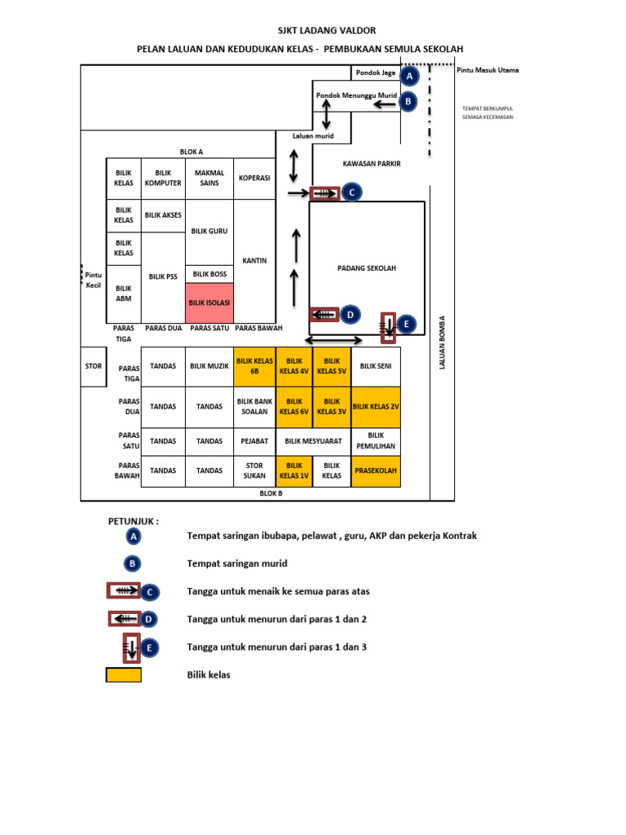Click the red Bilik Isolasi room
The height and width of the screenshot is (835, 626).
coord(209,303)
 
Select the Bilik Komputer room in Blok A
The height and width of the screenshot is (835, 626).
coord(163,179)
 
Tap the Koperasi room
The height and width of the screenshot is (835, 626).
coord(254,179)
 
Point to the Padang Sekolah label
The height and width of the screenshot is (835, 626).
coord(367,268)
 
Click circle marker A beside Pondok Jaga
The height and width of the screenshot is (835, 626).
coord(409,76)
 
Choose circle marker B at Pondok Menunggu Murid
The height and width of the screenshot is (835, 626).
coord(408,101)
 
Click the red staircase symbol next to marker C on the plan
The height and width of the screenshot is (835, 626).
coord(324,193)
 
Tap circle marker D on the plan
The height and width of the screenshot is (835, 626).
coord(350,315)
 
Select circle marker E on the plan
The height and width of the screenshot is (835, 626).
coord(407,324)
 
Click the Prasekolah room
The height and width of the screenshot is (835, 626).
coord(376,471)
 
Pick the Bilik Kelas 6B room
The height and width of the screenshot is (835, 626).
coord(254,366)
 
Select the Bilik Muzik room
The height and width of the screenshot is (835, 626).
coord(209,366)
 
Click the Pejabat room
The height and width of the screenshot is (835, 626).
coord(254,441)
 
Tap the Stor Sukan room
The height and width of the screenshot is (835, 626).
coord(254,471)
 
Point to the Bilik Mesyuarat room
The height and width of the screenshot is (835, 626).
coord(313,441)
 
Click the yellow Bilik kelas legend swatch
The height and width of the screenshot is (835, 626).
coord(124,674)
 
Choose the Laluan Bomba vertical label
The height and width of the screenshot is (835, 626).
coord(442,342)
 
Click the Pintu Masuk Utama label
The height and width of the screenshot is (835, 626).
coord(487,70)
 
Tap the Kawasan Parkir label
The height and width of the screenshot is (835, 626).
coord(372,163)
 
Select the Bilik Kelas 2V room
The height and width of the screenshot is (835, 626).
coord(376,407)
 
